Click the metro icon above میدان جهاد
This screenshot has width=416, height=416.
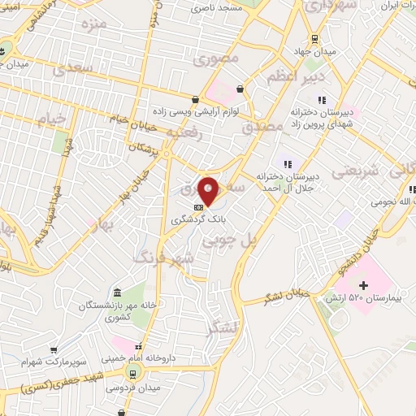[x=315, y=39]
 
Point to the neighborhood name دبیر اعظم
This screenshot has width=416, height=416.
[x=296, y=77]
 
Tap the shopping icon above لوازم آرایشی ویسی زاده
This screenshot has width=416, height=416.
[x=240, y=89]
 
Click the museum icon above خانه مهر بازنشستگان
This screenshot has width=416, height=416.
[x=119, y=292]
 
